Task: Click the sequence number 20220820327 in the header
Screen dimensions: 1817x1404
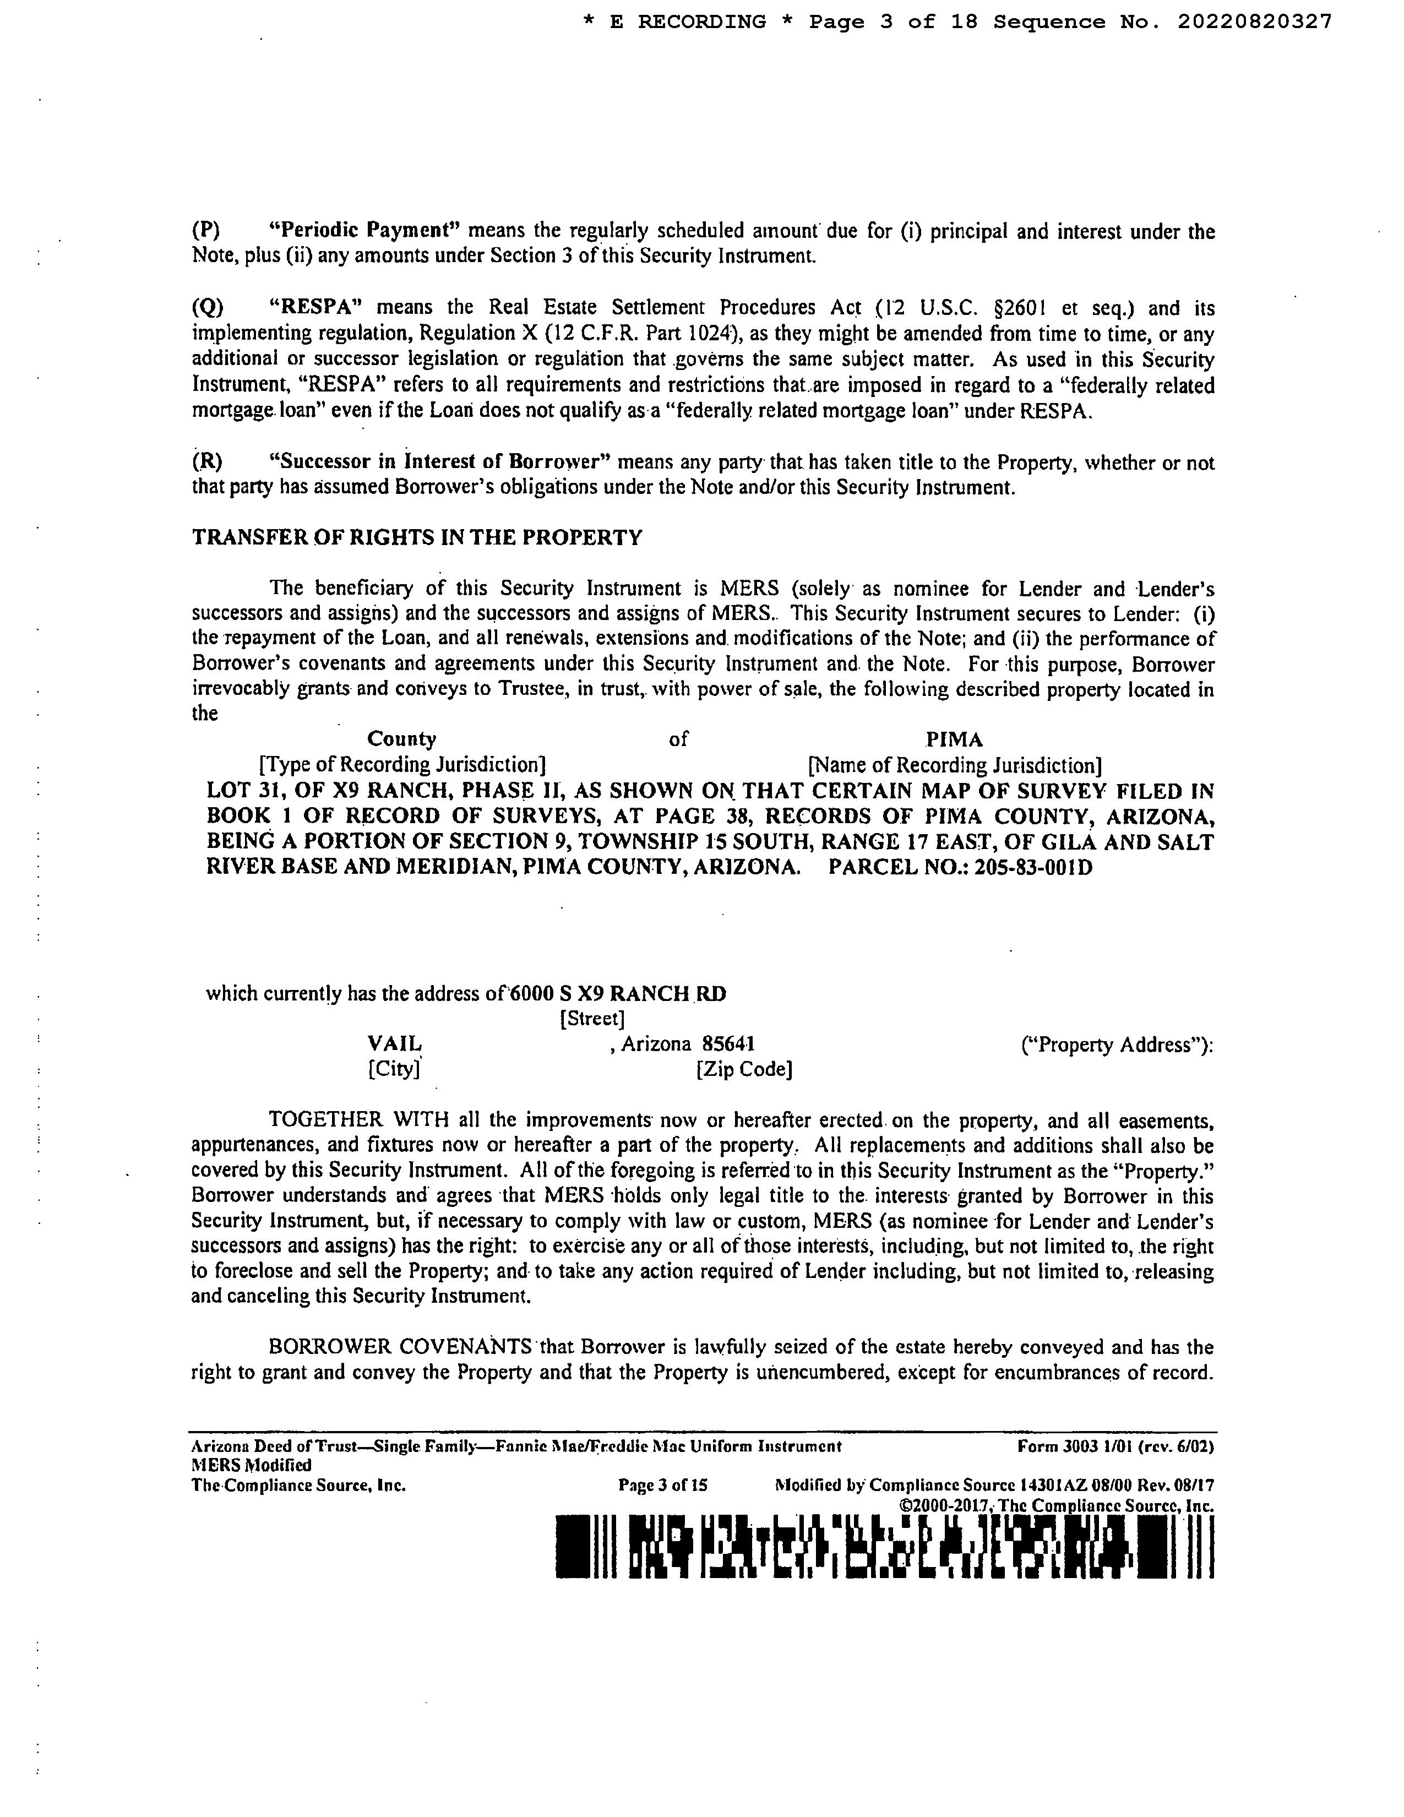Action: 1254,21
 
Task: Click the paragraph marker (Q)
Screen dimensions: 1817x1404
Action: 208,308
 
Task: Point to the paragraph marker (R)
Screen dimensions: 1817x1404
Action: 207,462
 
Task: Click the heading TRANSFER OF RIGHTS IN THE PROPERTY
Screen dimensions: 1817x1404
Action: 417,537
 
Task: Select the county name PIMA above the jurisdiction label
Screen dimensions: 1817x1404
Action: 954,739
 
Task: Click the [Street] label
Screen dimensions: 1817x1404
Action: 593,1018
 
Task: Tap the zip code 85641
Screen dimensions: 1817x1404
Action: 728,1043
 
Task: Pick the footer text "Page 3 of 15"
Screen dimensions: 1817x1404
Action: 663,1485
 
